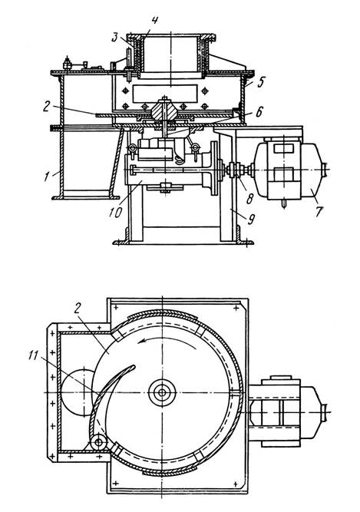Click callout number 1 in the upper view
[x=48, y=177]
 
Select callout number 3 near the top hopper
[x=114, y=37]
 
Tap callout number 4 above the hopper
[x=155, y=21]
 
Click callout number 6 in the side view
[x=259, y=112]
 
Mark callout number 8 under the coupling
[x=250, y=198]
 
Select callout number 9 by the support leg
[x=251, y=219]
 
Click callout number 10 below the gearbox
[x=115, y=212]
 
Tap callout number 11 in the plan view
[x=33, y=355]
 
